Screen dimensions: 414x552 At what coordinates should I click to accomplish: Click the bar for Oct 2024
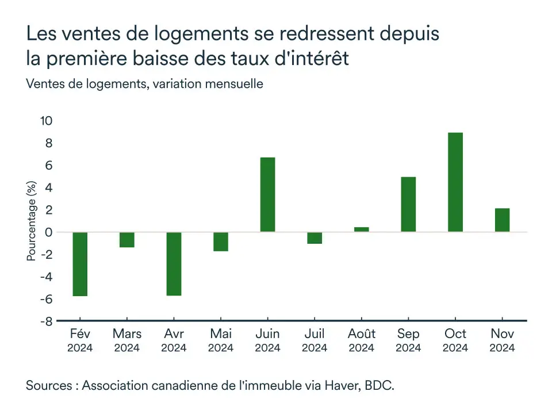click(x=455, y=182)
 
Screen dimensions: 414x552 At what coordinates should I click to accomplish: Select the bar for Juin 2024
click(x=267, y=194)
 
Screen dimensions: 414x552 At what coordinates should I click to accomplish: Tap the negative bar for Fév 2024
click(x=80, y=264)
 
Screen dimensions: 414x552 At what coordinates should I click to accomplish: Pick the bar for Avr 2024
click(x=174, y=264)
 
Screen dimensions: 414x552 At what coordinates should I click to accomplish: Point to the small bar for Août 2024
click(x=361, y=229)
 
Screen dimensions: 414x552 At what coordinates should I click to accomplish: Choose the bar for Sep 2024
click(x=408, y=204)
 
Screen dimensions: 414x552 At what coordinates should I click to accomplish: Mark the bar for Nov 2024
click(x=502, y=220)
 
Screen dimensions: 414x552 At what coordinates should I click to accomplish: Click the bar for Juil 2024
click(x=315, y=238)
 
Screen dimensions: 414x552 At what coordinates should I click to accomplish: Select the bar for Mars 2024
click(x=127, y=240)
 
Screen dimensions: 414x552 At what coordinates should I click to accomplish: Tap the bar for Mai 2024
click(x=221, y=241)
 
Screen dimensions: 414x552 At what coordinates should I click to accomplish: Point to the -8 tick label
click(x=46, y=321)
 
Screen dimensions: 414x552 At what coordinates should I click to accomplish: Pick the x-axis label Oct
click(x=455, y=334)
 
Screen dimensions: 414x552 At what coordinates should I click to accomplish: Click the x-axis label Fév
click(x=80, y=334)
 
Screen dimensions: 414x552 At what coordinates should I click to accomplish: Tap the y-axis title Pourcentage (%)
click(x=32, y=221)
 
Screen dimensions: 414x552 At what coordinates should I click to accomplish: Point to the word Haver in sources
click(x=345, y=385)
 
